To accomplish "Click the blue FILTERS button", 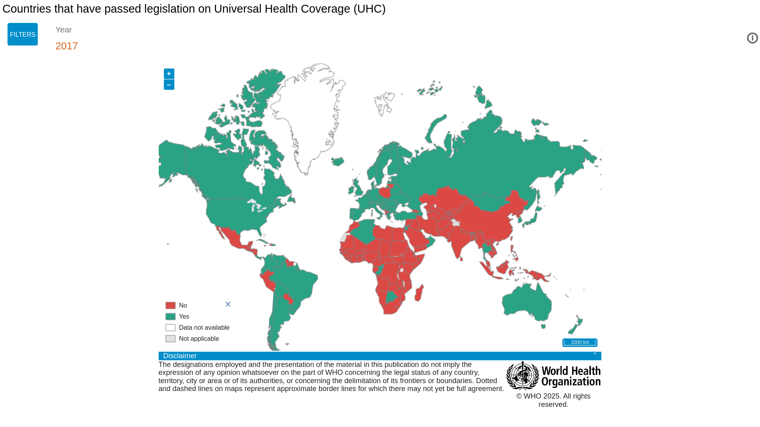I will click(x=23, y=34).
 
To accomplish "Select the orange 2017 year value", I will click(x=66, y=46).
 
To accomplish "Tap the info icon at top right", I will click(x=752, y=38).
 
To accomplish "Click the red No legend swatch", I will click(x=170, y=306).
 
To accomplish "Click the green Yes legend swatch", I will click(x=170, y=317).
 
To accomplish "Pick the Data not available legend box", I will click(x=170, y=328).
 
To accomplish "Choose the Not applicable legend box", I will click(x=170, y=339).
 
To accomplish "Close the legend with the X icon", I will click(x=228, y=304).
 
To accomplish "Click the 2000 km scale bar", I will click(x=579, y=342).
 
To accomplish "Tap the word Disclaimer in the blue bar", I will click(x=180, y=356).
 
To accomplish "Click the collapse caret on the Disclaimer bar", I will click(x=595, y=355).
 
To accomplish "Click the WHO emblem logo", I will click(x=522, y=376).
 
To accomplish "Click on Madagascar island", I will click(x=419, y=293).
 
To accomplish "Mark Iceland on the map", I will click(x=337, y=161).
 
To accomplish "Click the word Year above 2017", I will click(x=64, y=30).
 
